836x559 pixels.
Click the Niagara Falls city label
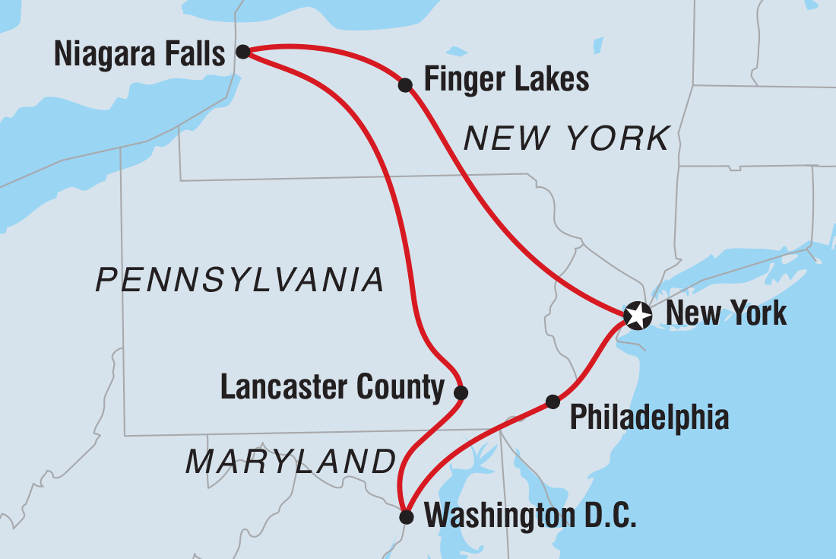(x=140, y=55)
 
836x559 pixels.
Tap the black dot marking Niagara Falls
(x=242, y=52)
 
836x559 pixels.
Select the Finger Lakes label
(x=506, y=79)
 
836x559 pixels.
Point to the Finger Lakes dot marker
(x=405, y=84)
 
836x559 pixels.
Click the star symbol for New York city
(x=637, y=315)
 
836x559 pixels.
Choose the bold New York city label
(x=726, y=313)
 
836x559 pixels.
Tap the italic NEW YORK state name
(x=567, y=139)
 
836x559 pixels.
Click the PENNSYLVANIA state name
(x=240, y=280)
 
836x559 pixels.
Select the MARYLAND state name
(x=291, y=462)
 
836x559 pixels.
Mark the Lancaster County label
(x=332, y=388)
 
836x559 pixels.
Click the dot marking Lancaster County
(x=461, y=393)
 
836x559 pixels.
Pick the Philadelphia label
(x=649, y=417)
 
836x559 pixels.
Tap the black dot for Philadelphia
(x=553, y=402)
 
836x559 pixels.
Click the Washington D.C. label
(x=530, y=517)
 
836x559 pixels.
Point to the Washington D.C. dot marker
(x=407, y=517)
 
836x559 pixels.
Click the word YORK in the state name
(x=620, y=139)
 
